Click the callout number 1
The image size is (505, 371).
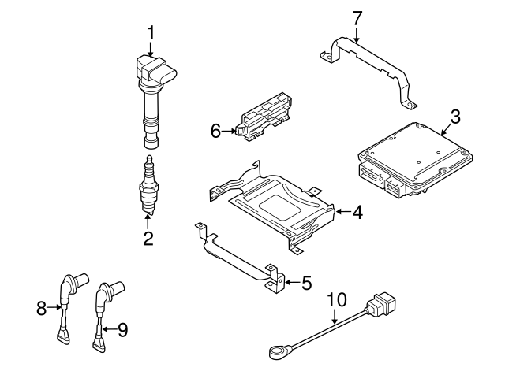[x=151, y=33]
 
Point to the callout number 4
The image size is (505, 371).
[x=357, y=212]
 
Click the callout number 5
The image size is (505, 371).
[x=307, y=281]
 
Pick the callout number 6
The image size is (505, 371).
[x=215, y=132]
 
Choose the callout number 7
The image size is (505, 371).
[x=357, y=17]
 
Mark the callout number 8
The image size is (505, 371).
[x=42, y=310]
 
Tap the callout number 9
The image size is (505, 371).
[x=122, y=328]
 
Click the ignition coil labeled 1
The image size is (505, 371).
[x=153, y=95]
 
